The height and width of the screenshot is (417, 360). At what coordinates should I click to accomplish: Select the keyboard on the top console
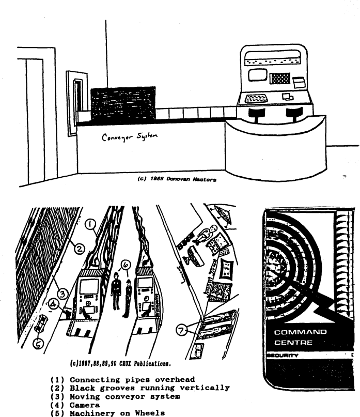tap(257, 98)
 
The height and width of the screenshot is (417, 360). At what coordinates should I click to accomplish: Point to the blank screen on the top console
tap(257, 75)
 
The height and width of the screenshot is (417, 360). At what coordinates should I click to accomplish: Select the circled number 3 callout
tap(61, 295)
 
